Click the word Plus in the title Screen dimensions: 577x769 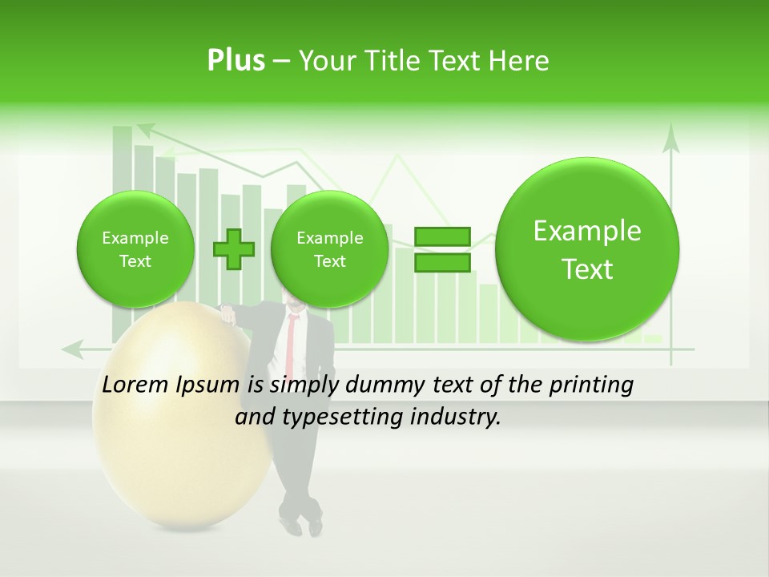tap(236, 61)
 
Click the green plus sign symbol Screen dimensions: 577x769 tap(234, 249)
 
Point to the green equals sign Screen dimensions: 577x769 tap(442, 249)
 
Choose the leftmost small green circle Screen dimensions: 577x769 tap(135, 249)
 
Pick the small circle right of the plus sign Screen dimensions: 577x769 tap(329, 249)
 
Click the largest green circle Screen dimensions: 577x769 tap(587, 249)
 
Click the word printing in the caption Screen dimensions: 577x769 tap(590, 385)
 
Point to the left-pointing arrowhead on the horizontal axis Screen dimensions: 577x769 tap(74, 349)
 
